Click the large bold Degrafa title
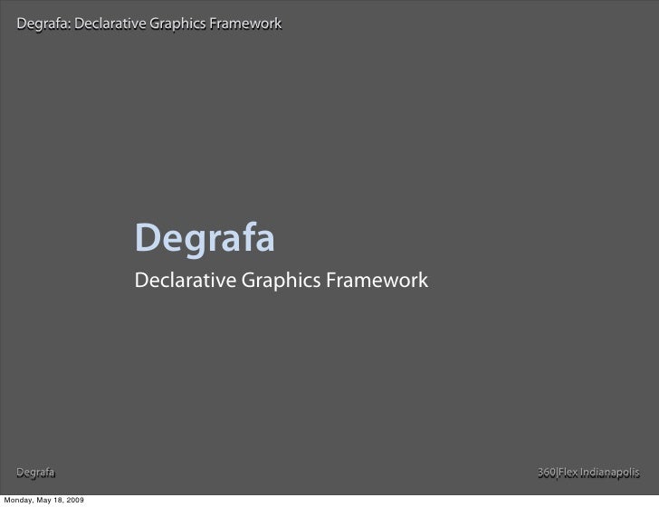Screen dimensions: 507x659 (x=204, y=240)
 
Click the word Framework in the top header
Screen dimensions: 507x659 (x=244, y=23)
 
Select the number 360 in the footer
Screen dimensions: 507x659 (x=547, y=473)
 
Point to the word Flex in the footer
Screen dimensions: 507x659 (x=570, y=473)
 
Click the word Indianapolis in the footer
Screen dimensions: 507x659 (x=613, y=473)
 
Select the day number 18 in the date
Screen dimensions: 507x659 (x=62, y=500)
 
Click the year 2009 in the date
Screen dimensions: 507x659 (x=78, y=500)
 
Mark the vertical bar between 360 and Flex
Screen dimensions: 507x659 (x=558, y=473)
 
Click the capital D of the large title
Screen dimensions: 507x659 (x=147, y=240)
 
